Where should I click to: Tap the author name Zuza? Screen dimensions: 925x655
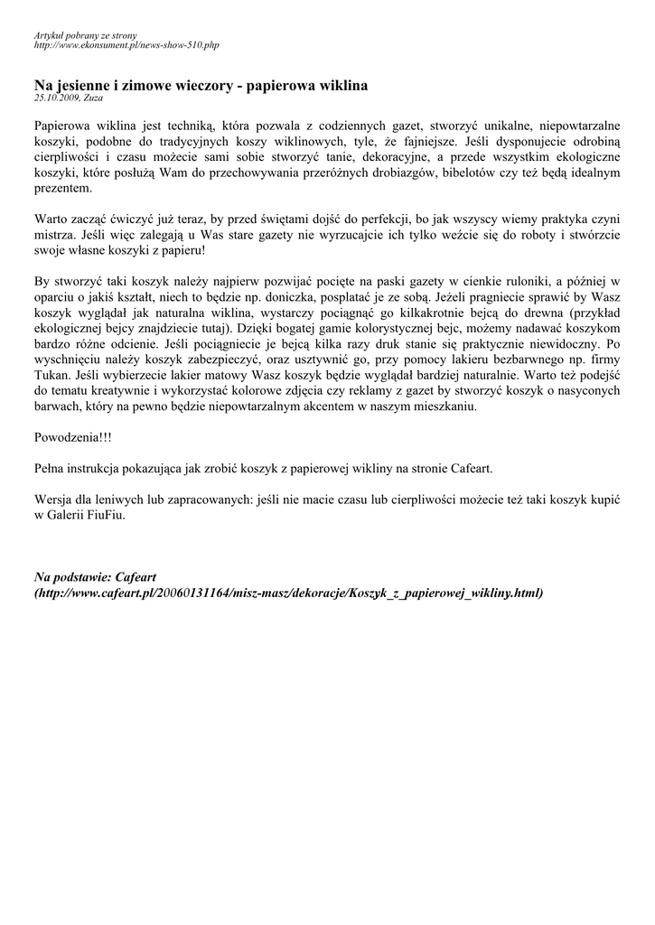pos(93,98)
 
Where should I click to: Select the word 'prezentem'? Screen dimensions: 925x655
pos(62,189)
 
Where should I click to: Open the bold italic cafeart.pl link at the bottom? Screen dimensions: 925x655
pos(289,593)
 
